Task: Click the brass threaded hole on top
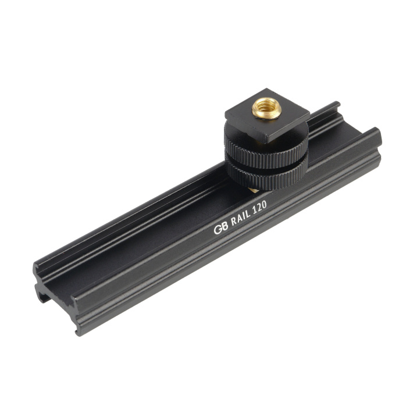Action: tap(266, 108)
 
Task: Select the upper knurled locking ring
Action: tap(266, 148)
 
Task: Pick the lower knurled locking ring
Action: tap(266, 176)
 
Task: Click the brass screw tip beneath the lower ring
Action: tap(253, 190)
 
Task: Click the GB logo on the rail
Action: tap(220, 229)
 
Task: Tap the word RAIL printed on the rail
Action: tap(240, 219)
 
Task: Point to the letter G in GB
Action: tap(218, 230)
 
